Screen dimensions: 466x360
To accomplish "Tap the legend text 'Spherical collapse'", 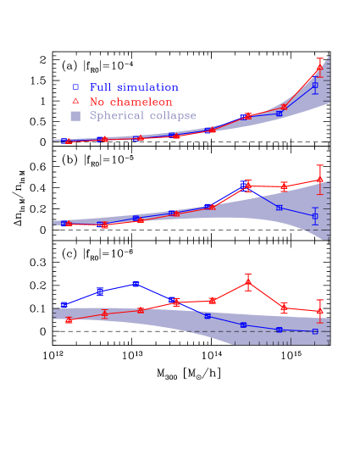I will point(142,116).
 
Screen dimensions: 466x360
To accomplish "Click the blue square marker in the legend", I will point(75,87).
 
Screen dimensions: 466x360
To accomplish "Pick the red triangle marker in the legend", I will point(75,102).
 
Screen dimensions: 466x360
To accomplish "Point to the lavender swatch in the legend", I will point(75,116).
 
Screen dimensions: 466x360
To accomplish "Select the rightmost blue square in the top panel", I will point(315,85).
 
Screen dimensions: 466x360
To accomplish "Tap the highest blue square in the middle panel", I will point(244,183).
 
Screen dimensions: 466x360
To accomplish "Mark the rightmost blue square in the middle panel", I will point(315,216).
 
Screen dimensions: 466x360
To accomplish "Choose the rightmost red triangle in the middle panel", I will point(320,179).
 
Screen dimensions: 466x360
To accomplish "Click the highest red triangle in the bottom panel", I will point(248,282).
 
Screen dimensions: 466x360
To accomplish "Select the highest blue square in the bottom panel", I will point(136,284).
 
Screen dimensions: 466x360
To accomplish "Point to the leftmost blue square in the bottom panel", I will point(64,304).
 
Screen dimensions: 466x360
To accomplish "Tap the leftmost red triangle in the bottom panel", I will point(69,319).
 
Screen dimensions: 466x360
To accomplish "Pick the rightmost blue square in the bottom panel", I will point(315,331).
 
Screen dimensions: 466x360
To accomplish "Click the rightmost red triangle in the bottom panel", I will point(320,311).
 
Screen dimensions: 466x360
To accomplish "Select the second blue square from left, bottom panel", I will point(100,291).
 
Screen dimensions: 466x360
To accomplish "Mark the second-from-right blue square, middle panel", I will point(280,208).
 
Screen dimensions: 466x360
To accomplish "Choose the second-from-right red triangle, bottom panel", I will point(284,307).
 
